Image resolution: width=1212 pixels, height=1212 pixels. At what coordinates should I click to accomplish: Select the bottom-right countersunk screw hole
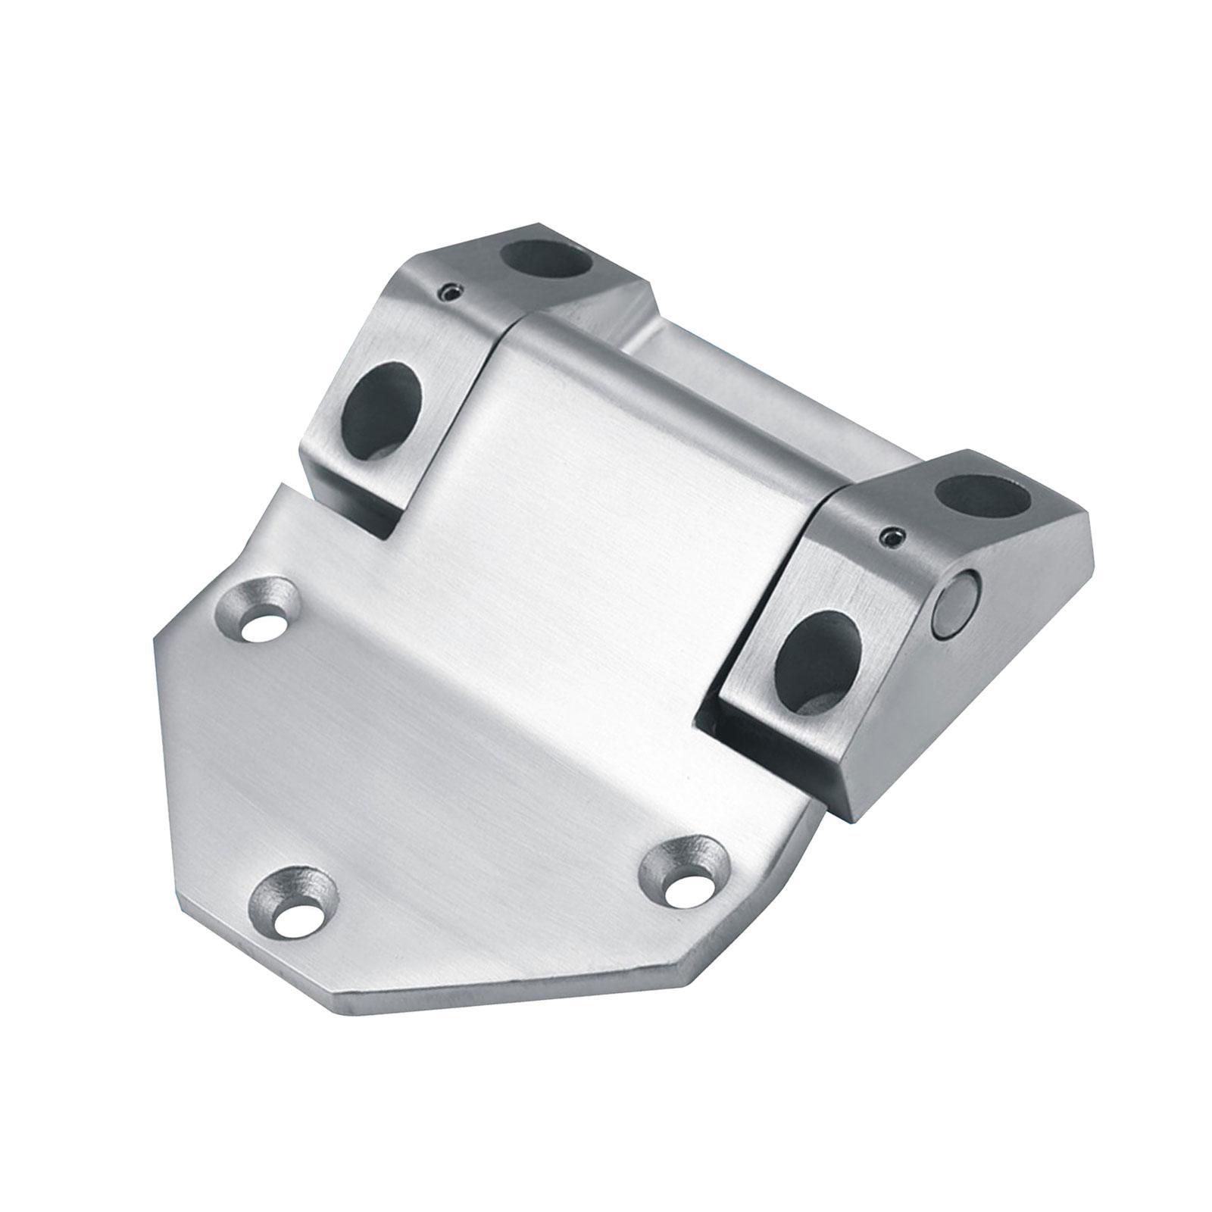(x=692, y=880)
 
